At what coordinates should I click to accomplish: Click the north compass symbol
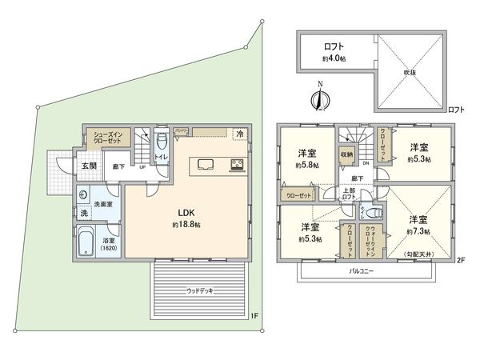pos(318,98)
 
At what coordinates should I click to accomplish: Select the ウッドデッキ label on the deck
pos(199,290)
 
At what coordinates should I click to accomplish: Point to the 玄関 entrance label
pos(88,166)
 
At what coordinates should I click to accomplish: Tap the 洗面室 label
pos(104,204)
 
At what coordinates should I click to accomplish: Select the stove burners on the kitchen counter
pos(238,166)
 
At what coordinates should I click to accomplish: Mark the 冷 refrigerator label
pos(239,134)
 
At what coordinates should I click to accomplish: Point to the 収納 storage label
pos(346,154)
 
